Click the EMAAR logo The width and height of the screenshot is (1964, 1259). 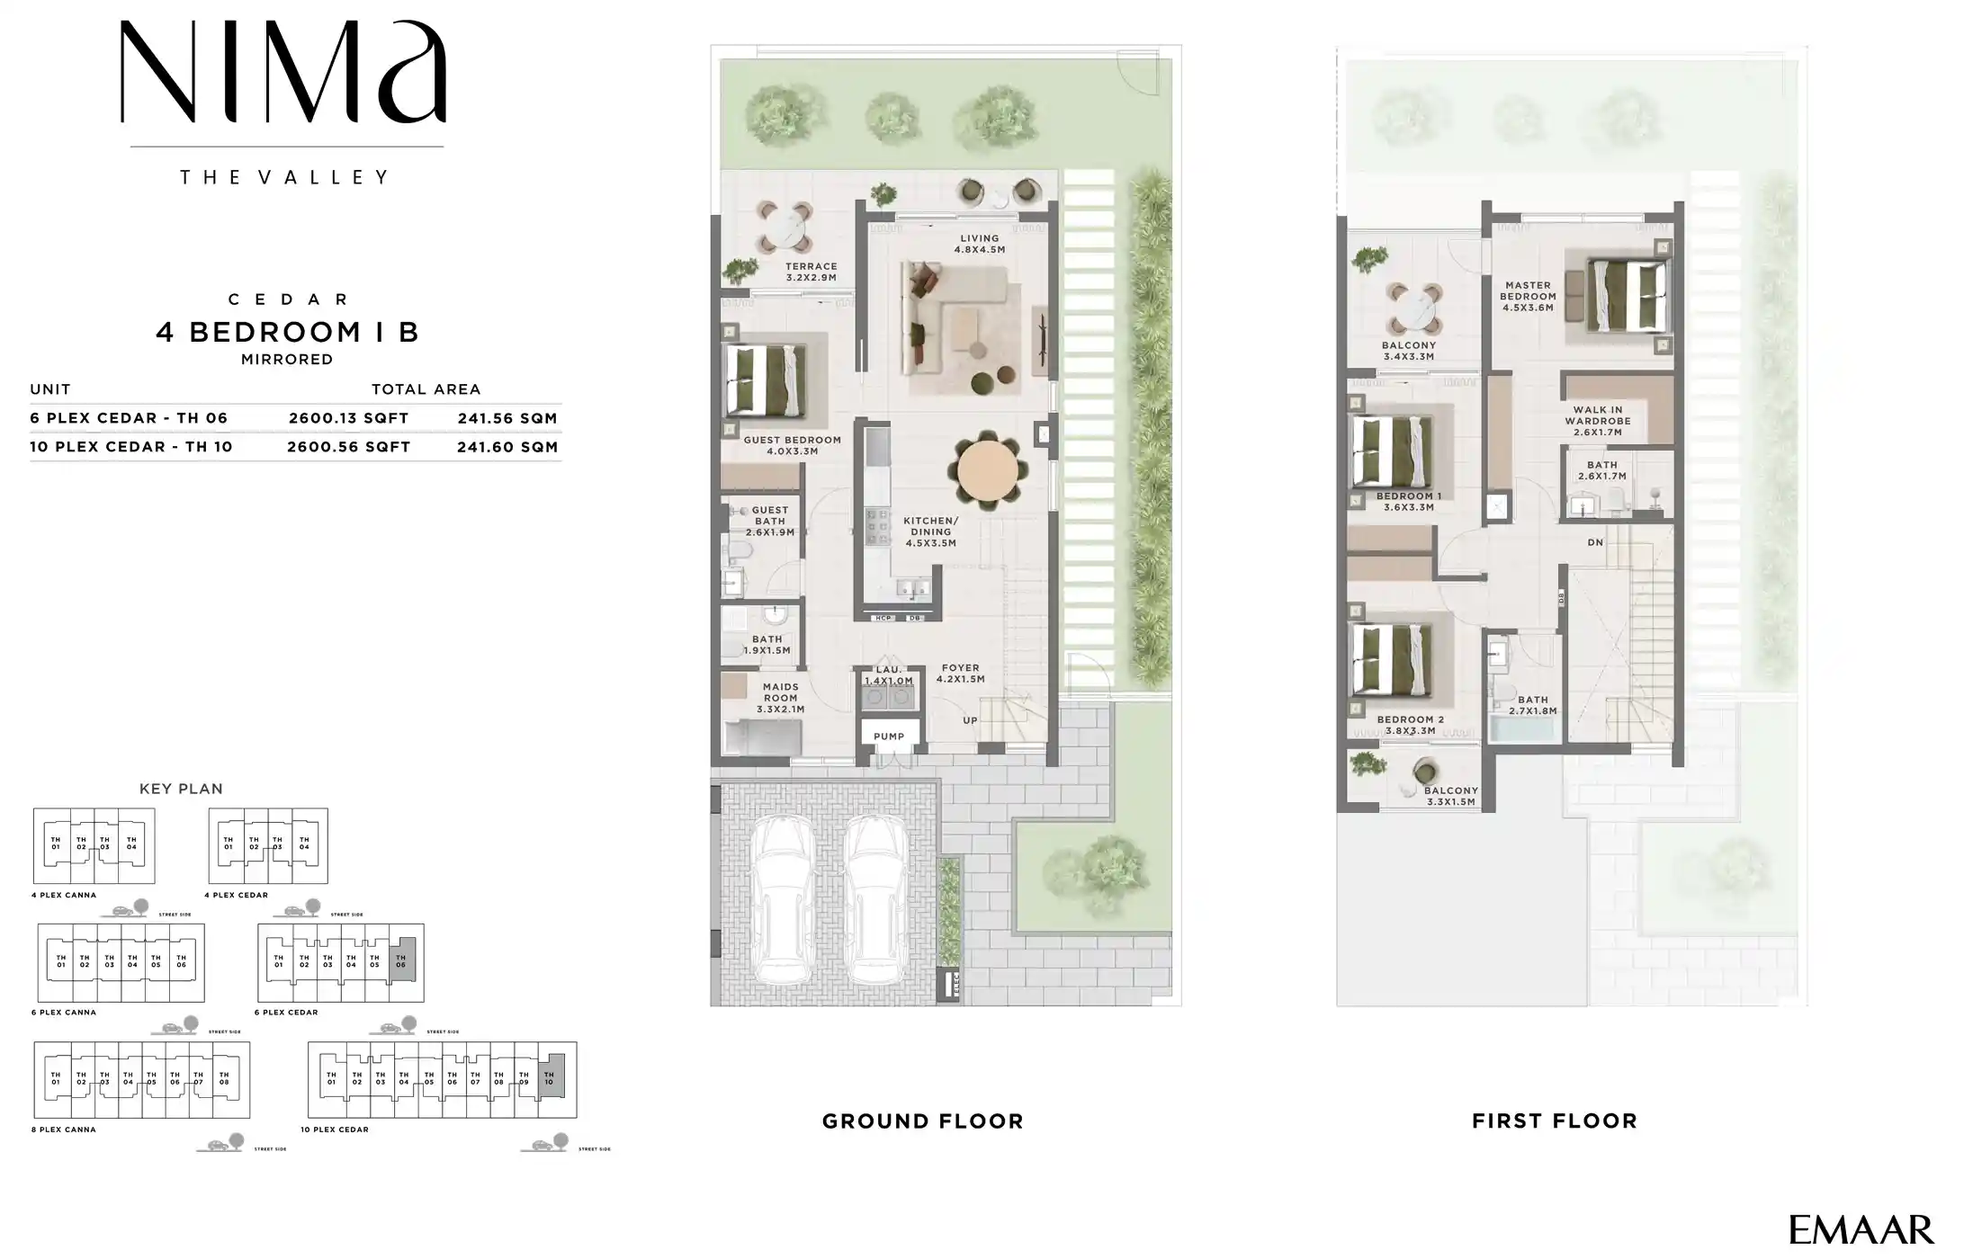tap(1860, 1229)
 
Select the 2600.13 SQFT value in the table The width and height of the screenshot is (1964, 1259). tap(348, 418)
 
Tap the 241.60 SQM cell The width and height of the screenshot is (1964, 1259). tap(507, 447)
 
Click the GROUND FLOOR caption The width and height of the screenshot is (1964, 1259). tap(923, 1121)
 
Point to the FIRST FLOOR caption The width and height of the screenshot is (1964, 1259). tap(1555, 1121)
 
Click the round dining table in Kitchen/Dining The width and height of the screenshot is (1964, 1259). tap(987, 470)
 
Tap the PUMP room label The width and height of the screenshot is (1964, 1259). tap(889, 737)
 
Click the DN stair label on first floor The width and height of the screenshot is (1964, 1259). tap(1595, 542)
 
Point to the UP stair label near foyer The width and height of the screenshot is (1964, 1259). tap(970, 720)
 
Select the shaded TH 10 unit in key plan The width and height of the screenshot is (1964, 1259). tap(550, 1078)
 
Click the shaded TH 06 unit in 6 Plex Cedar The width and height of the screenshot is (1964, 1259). tap(401, 960)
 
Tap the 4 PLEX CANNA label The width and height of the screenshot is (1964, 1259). tap(64, 895)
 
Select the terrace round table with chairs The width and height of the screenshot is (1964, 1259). tap(785, 228)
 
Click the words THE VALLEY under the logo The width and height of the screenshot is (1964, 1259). tap(285, 177)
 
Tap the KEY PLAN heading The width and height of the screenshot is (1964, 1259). tap(181, 789)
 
